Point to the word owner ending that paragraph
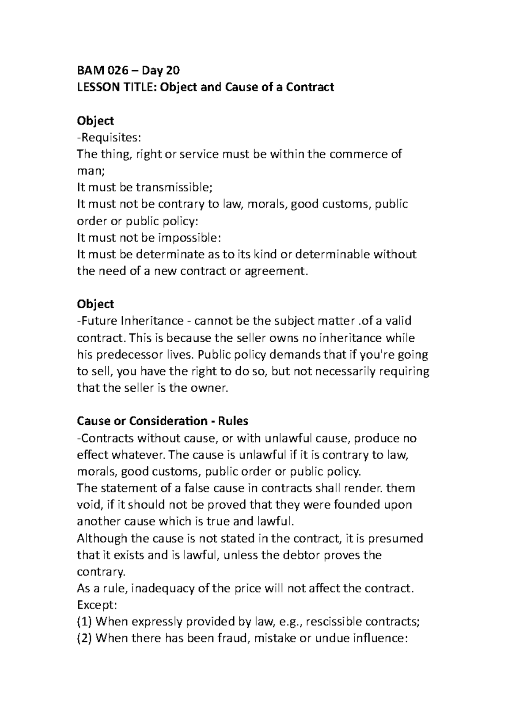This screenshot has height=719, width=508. click(x=210, y=388)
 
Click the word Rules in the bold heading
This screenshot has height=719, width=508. click(x=233, y=421)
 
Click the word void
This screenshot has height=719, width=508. click(x=88, y=505)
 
